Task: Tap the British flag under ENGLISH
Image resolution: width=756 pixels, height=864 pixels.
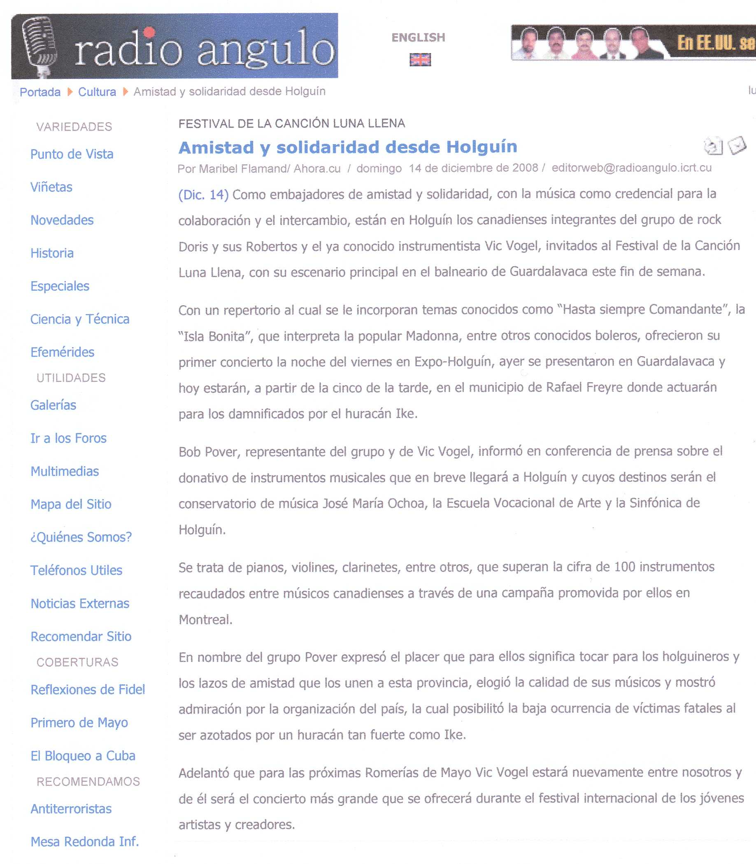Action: (x=420, y=60)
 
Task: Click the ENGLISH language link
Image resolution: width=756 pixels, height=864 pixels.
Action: (x=418, y=37)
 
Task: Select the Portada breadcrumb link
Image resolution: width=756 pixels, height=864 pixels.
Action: (x=40, y=92)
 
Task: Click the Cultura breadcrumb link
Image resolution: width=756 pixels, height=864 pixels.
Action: (x=97, y=92)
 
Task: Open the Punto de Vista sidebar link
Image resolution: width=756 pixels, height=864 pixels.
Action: (x=72, y=154)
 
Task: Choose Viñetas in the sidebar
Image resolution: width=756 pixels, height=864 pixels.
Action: (x=51, y=187)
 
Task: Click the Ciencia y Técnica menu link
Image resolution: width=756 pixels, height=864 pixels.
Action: (x=80, y=319)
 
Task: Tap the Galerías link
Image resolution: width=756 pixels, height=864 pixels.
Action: (x=53, y=405)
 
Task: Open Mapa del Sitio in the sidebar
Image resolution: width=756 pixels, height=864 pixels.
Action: (x=71, y=504)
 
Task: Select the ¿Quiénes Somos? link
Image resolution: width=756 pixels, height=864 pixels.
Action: (x=81, y=537)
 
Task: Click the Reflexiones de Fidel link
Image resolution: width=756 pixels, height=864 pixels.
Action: (x=88, y=690)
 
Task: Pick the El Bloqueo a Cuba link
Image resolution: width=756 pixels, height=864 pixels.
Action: (x=83, y=756)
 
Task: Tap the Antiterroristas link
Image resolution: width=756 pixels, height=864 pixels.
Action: (x=71, y=809)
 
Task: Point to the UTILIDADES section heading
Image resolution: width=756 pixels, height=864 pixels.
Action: (x=71, y=378)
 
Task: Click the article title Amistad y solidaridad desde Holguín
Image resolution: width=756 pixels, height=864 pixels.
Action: (x=348, y=147)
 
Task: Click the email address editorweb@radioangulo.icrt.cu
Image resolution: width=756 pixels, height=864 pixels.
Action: (x=631, y=168)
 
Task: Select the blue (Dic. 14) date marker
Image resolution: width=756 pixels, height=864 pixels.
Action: (x=203, y=194)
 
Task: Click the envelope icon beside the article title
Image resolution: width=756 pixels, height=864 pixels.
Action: (x=737, y=145)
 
